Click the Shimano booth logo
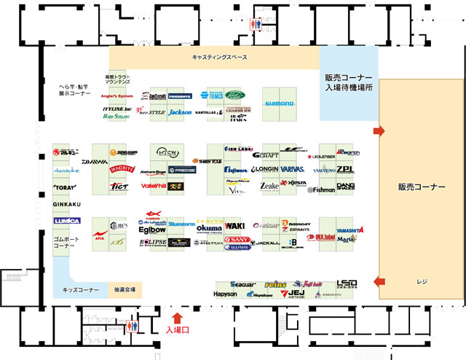click(x=279, y=103)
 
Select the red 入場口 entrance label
click(x=178, y=330)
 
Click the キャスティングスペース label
click(x=219, y=58)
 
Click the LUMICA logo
click(x=66, y=221)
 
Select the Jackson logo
click(x=180, y=113)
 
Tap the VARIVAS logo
click(x=292, y=169)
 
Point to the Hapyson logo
click(x=226, y=294)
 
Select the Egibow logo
click(x=152, y=229)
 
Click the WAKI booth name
click(x=235, y=226)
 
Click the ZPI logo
click(x=345, y=168)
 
